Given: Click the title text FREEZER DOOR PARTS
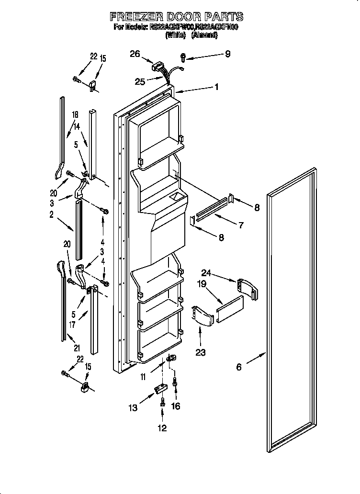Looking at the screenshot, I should click(177, 17).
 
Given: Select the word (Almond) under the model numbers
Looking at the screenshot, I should click(204, 35).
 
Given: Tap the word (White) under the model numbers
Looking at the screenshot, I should click(176, 35).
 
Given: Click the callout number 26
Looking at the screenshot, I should click(135, 54).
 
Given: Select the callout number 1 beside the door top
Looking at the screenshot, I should click(217, 87).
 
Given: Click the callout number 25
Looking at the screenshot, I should click(140, 82).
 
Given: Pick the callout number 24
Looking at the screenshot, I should click(206, 273).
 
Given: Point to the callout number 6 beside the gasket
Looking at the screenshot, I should click(239, 367).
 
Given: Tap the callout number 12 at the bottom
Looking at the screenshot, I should click(162, 427).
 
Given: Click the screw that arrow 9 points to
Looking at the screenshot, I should click(183, 57).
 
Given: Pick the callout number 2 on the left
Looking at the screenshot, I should click(51, 214).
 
